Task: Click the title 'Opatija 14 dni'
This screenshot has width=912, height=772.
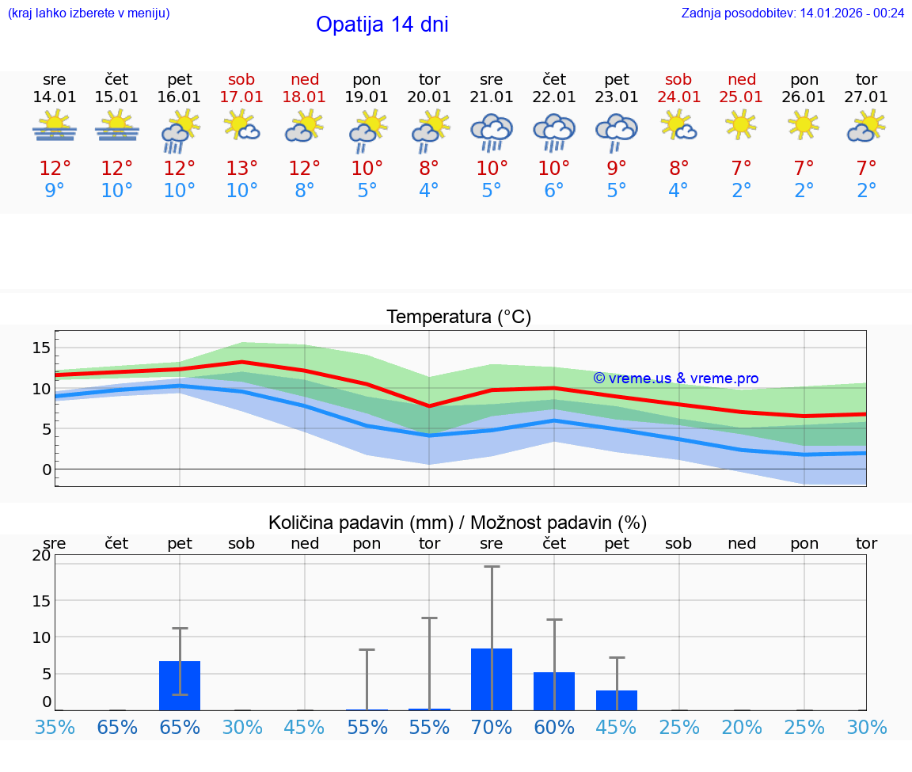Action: [382, 25]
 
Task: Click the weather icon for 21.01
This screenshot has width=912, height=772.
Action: [492, 131]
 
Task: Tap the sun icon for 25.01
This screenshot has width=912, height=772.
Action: [741, 124]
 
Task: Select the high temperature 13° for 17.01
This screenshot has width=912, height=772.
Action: [242, 169]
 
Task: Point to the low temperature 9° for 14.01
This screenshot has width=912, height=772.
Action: [55, 191]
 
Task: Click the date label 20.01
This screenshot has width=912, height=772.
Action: [429, 97]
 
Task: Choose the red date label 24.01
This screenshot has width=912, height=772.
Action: [678, 97]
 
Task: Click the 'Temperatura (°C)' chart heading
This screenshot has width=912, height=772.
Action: [458, 318]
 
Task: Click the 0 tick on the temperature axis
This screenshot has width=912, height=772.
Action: [47, 470]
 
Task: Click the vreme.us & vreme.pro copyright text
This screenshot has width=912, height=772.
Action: [675, 378]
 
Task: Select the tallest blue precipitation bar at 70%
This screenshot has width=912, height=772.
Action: [492, 679]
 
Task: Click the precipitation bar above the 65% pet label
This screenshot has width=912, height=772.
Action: [180, 686]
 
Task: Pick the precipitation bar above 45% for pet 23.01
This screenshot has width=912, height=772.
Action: [617, 700]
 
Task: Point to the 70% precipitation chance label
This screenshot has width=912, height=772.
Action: [492, 728]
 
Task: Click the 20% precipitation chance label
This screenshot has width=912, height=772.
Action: [742, 728]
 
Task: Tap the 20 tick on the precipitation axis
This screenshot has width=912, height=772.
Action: [42, 556]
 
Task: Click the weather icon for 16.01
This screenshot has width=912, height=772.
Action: [180, 131]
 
